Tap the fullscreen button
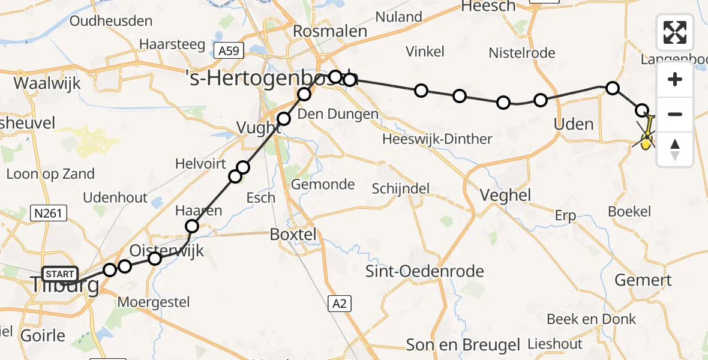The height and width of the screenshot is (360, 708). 675,32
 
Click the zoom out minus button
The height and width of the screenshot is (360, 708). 675,114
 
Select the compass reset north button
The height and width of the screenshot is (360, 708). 675,149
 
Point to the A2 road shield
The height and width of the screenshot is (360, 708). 339,304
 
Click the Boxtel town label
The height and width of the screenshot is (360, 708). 293,234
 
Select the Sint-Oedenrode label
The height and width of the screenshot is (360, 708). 425,271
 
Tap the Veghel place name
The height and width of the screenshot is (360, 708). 506,195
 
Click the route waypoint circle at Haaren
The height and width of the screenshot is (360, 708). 192,226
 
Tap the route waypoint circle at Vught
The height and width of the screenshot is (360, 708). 283,119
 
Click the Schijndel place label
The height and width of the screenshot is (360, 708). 400,188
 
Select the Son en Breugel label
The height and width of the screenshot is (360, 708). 463,345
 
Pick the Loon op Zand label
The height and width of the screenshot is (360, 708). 50,174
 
